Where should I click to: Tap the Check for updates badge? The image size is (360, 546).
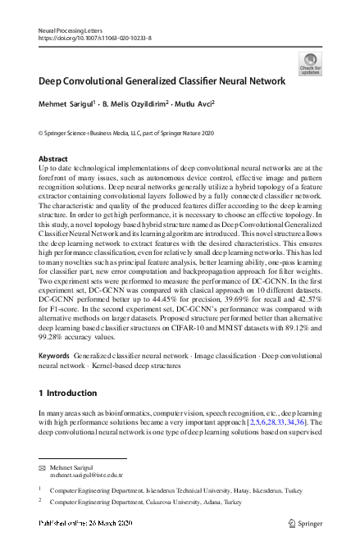click(x=310, y=63)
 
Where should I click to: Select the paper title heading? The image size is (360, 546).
click(x=162, y=81)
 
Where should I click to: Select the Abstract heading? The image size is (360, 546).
click(x=52, y=158)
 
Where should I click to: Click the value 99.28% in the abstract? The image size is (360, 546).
click(x=53, y=335)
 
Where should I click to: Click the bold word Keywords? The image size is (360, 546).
click(x=54, y=354)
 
